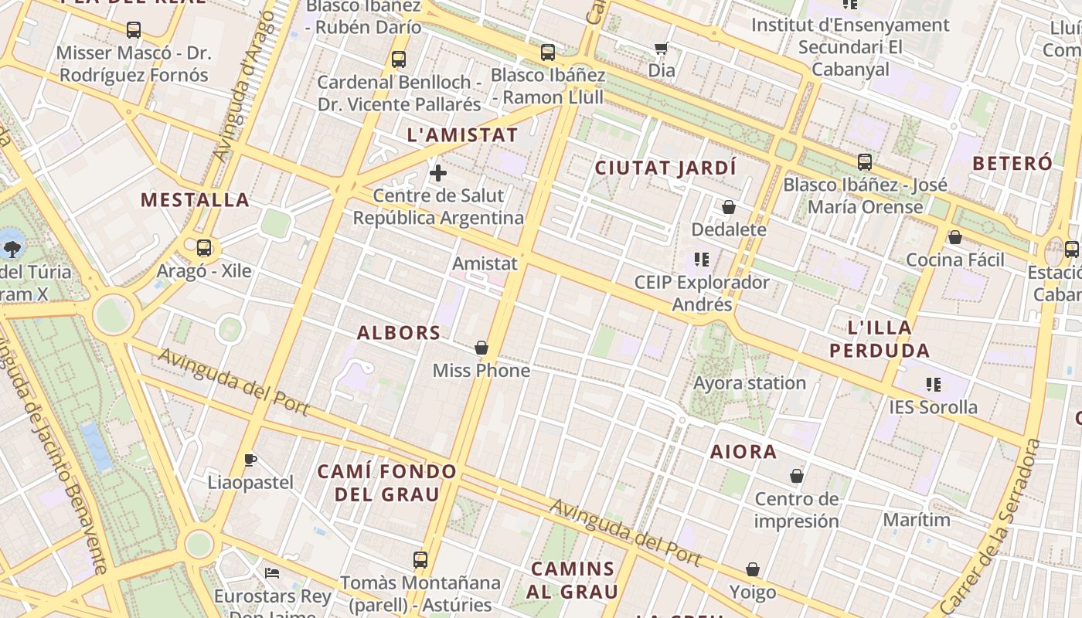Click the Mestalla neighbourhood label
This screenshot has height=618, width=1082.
195,200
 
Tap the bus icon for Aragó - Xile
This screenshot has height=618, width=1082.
204,248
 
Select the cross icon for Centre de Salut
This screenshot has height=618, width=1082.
438,172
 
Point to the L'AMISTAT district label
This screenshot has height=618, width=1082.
462,134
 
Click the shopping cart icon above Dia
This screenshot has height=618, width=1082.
661,49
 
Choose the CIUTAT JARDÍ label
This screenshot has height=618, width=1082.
665,168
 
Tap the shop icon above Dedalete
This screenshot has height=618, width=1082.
729,207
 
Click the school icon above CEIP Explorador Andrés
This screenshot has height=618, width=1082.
702,260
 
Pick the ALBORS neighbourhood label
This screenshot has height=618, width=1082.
399,333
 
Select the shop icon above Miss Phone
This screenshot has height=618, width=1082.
481,348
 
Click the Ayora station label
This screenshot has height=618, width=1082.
749,383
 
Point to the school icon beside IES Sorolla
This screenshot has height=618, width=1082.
934,384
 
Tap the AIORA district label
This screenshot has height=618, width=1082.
743,452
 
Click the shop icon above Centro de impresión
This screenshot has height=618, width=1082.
797,476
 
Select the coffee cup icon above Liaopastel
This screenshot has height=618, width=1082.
250,460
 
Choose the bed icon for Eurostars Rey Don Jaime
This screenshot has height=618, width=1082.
272,573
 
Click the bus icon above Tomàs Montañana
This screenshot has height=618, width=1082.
420,560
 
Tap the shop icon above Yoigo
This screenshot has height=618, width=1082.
753,570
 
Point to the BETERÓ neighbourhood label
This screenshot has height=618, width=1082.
1012,163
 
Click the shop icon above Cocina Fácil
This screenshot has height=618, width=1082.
955,237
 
